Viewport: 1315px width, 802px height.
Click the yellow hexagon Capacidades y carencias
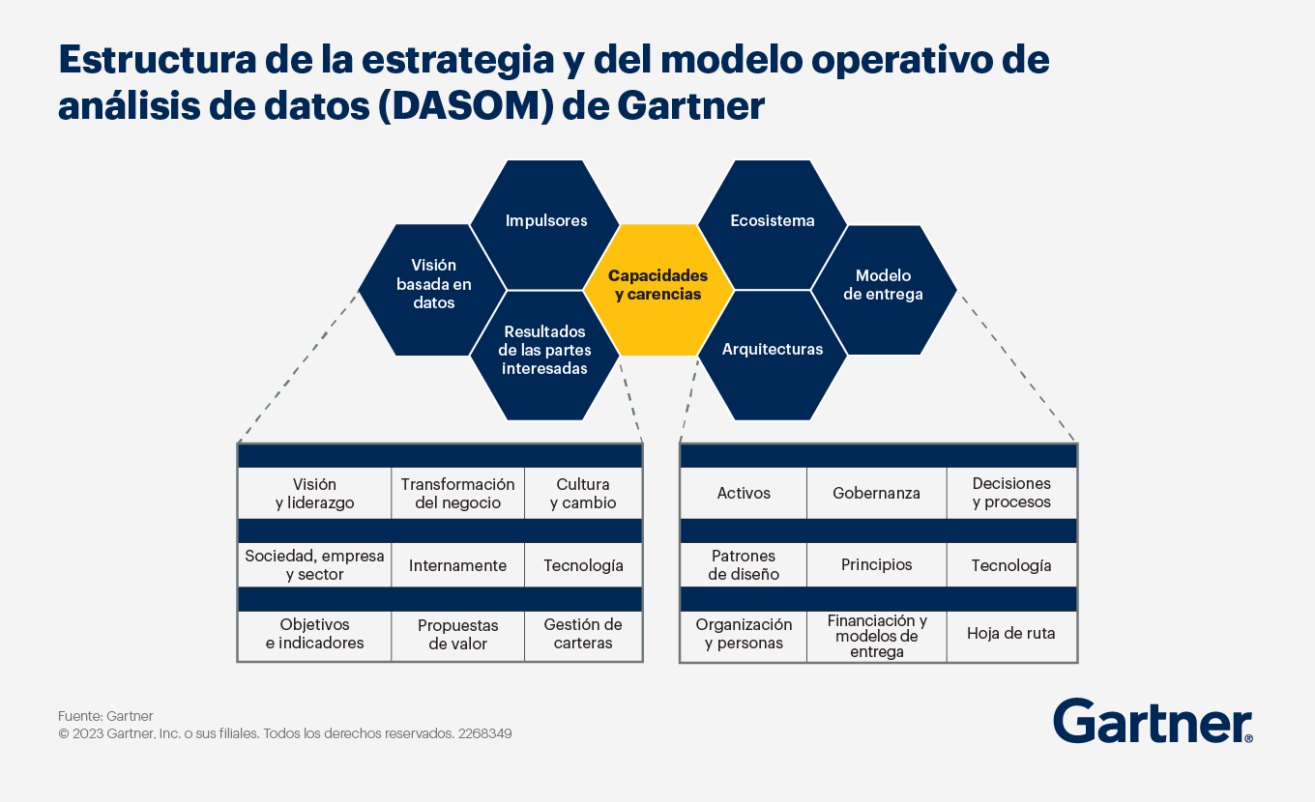658,290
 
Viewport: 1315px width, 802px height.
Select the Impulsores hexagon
545,225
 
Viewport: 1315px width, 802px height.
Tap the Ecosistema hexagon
773,225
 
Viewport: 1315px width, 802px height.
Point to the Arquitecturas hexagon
773,356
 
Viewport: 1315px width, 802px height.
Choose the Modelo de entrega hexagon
884,290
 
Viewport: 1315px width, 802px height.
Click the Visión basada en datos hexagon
432,290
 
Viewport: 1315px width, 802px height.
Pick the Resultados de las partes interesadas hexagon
545,356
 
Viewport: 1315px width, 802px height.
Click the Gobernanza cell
876,493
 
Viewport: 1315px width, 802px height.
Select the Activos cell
744,493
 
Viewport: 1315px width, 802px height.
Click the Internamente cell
457,565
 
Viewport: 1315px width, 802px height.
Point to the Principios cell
876,564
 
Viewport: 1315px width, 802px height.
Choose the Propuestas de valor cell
457,636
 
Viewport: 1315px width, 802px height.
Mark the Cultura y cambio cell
583,493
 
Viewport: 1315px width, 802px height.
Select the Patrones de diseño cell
744,564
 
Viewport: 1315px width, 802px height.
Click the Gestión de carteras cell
583,636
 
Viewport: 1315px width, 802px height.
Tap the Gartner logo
1153,721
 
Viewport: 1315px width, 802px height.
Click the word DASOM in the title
466,106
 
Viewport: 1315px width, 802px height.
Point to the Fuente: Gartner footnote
105,716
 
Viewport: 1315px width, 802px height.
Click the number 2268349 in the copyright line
485,733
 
